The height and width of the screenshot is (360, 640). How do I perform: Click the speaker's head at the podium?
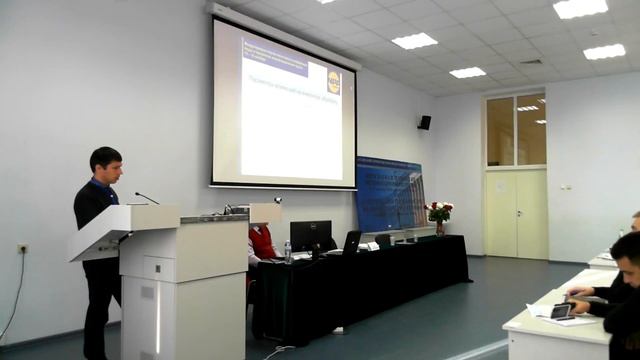[x=106, y=165]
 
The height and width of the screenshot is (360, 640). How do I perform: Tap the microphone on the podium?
[x=146, y=197]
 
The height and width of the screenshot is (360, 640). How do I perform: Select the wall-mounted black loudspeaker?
[x=424, y=122]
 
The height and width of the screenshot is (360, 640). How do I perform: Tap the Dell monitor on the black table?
[x=310, y=236]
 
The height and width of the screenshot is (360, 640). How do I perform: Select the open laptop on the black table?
[x=350, y=243]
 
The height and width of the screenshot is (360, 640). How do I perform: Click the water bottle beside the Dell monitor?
[x=287, y=251]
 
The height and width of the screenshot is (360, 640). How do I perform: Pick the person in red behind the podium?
[x=261, y=241]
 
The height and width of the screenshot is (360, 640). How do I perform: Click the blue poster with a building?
[x=390, y=195]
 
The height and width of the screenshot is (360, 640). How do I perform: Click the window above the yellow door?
[x=516, y=130]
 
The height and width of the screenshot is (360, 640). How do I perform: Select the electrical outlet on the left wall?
[x=22, y=249]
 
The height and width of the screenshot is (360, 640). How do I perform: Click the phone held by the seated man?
[x=561, y=311]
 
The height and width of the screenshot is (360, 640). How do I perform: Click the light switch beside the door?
[x=566, y=187]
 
